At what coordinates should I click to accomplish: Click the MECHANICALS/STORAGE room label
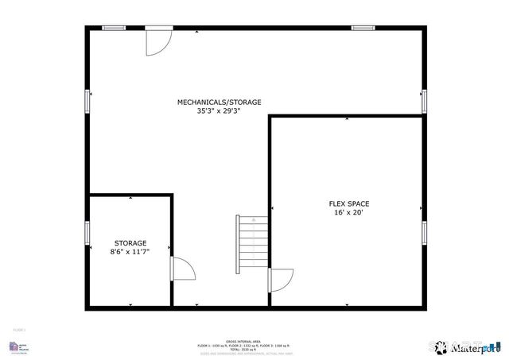[x=219, y=102]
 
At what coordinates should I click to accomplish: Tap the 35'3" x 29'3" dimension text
[x=219, y=111]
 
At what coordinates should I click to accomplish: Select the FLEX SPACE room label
[x=349, y=203]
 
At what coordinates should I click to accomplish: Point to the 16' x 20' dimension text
[x=349, y=212]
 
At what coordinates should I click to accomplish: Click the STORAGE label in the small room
[x=130, y=243]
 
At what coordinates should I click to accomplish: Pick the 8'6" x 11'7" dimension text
[x=130, y=252]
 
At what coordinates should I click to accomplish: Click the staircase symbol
[x=253, y=245]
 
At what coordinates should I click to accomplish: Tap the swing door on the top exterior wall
[x=157, y=41]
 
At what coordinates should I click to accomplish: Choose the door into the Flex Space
[x=281, y=281]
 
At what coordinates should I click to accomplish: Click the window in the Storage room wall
[x=87, y=233]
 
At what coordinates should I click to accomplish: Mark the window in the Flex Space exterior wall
[x=425, y=232]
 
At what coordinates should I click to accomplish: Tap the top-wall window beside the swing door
[x=115, y=29]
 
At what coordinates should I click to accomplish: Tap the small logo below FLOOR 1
[x=15, y=346]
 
